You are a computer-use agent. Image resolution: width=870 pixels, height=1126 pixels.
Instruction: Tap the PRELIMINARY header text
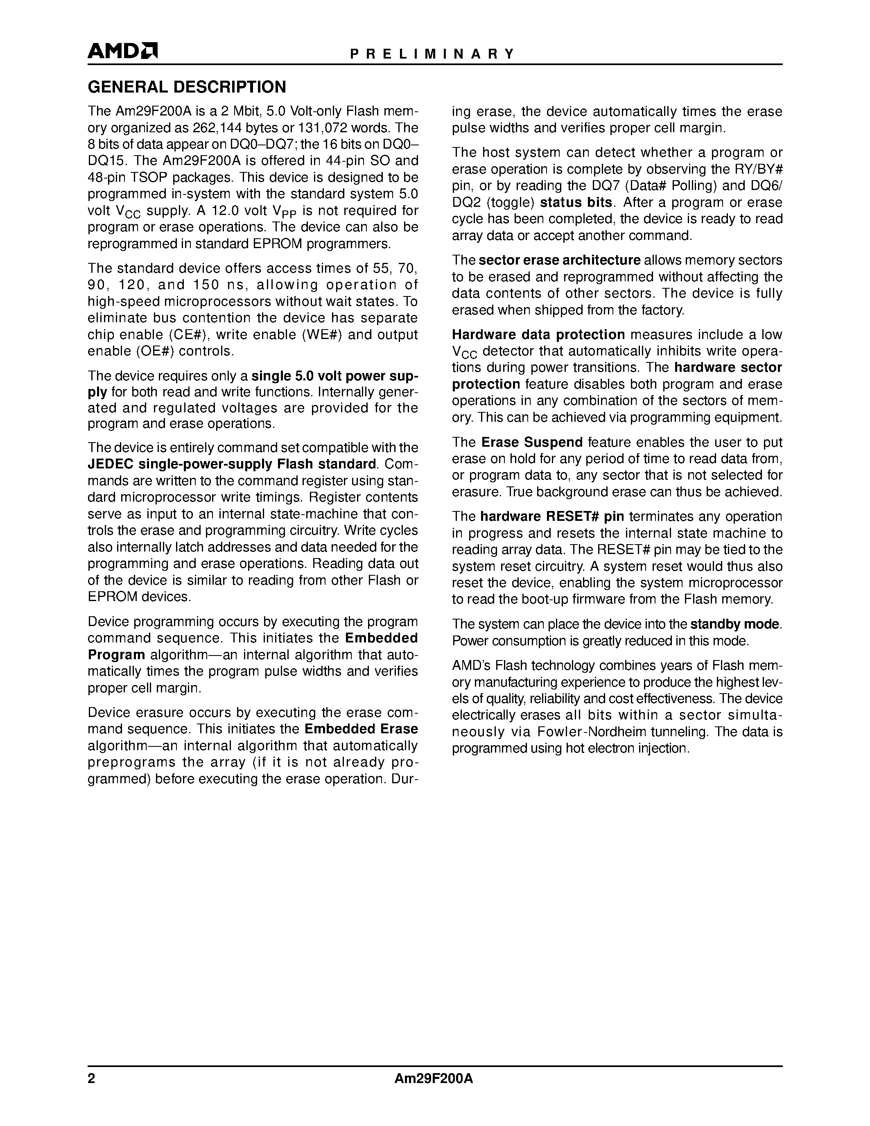point(432,54)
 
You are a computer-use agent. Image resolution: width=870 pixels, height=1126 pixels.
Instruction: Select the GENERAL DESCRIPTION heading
point(187,87)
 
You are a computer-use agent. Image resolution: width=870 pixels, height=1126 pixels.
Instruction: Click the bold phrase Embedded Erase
point(361,729)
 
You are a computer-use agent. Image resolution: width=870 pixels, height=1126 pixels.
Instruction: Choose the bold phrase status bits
point(576,203)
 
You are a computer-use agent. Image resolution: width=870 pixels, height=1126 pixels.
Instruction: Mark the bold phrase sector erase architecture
point(559,260)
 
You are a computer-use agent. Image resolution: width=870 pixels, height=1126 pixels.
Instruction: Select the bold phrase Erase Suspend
point(532,442)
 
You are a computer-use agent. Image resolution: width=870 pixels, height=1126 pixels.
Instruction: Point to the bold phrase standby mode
point(734,624)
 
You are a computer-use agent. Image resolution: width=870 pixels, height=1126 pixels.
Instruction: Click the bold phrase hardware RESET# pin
point(552,517)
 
